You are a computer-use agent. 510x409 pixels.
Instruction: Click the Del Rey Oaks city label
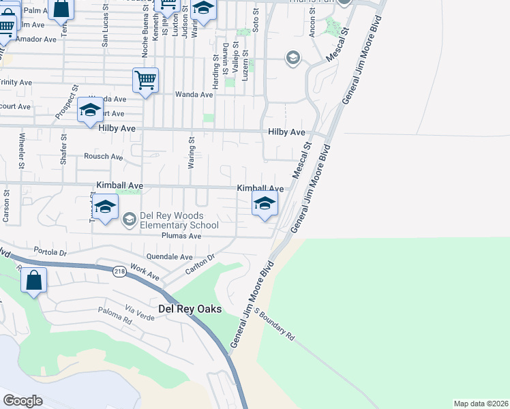point(190,309)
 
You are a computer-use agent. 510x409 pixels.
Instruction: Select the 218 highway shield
point(121,270)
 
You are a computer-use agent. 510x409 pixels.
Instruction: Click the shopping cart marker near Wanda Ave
point(146,80)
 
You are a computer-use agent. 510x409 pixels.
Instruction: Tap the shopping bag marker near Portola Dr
point(33,279)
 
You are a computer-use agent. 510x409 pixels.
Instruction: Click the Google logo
point(23,400)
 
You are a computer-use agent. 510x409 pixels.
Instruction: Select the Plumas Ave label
point(182,236)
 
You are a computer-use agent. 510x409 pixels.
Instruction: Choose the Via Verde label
point(140,314)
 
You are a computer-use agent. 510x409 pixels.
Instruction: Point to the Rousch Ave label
point(103,157)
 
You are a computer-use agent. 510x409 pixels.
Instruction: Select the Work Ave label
point(145,272)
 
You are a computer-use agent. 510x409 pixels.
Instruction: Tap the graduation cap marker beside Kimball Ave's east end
point(265,202)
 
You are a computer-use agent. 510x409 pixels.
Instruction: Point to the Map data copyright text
point(481,404)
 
